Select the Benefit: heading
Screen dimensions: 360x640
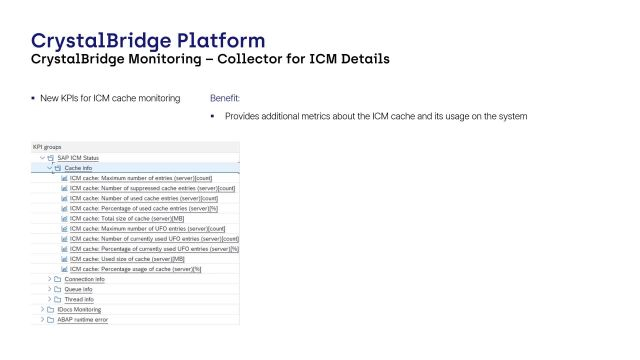point(225,98)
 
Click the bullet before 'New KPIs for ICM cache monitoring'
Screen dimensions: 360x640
point(33,98)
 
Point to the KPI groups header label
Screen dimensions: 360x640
point(48,147)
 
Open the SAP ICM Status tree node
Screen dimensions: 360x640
point(77,158)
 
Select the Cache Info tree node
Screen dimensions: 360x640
point(80,168)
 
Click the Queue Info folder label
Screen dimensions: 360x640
point(78,289)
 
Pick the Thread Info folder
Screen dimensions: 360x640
point(79,299)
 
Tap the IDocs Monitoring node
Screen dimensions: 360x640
point(79,310)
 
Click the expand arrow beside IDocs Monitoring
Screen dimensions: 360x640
point(42,310)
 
